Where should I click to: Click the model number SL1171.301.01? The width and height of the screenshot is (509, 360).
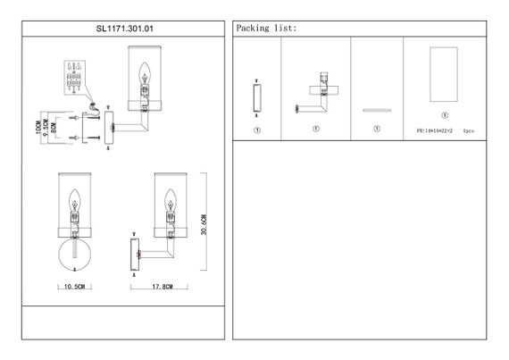(121, 28)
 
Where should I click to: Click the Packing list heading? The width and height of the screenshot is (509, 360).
(266, 28)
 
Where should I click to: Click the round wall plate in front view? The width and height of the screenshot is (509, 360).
(74, 253)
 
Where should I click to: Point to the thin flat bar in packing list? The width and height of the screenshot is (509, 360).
(376, 109)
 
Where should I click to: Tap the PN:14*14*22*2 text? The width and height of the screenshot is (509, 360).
(437, 130)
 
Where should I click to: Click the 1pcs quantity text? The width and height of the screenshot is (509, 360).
(481, 130)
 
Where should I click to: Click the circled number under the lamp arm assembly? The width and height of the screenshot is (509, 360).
(315, 129)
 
